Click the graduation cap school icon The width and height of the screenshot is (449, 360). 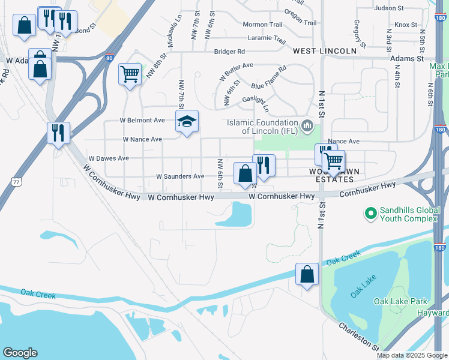tap(187, 121)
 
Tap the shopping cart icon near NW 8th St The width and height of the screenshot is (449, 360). tap(130, 74)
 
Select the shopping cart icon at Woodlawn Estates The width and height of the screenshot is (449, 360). tap(333, 161)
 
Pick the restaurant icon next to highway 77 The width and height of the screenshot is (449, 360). tap(58, 133)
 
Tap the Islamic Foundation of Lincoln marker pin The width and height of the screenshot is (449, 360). tap(308, 125)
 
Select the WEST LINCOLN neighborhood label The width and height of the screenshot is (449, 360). tap(325, 52)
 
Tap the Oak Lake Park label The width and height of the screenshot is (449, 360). tap(400, 301)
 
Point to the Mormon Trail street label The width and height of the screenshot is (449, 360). tap(262, 25)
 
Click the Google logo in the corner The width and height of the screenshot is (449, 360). tap(20, 352)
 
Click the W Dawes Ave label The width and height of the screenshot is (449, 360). tap(109, 158)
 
